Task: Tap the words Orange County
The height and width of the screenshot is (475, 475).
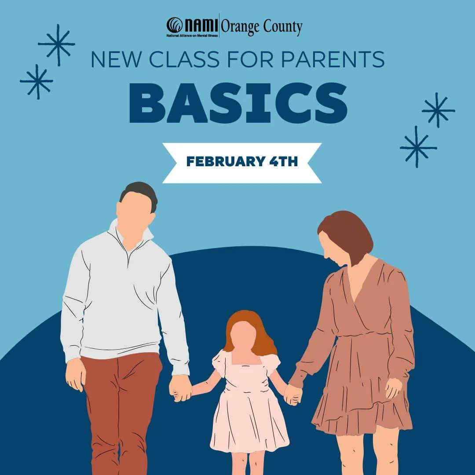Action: [261, 28]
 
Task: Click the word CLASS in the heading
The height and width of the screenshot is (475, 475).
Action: [184, 59]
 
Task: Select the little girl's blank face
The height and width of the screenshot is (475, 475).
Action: [243, 336]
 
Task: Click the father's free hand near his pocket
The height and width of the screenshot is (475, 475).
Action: [76, 374]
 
